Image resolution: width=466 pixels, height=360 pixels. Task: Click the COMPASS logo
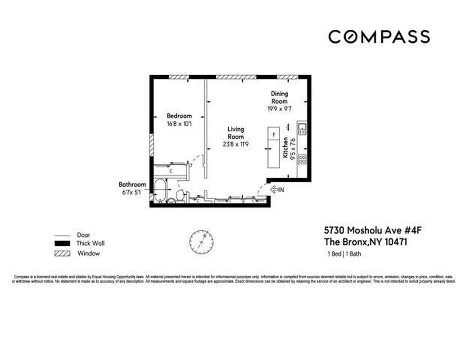pos(379,36)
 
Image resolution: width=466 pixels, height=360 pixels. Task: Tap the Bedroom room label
pos(179,116)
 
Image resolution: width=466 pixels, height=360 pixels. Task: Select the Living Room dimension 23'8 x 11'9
pos(235,144)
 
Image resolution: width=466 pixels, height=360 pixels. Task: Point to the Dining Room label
pos(279,97)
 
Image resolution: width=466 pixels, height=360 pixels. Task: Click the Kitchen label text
pos(285,147)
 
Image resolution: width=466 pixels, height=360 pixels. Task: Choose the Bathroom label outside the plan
pos(132,184)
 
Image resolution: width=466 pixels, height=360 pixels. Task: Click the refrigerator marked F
pos(273,135)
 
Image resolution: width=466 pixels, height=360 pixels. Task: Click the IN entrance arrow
pos(276,190)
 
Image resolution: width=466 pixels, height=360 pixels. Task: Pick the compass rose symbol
pos(202,241)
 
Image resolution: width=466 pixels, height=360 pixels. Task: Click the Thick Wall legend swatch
pos(62,244)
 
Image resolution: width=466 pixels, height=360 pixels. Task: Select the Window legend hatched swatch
pos(62,253)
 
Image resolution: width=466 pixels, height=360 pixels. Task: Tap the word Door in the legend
pos(84,235)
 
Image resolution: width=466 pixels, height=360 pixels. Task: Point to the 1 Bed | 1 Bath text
pos(344,254)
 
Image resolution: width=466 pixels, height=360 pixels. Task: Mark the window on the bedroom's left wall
pos(152,144)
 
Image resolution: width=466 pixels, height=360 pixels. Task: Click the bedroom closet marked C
pos(171,171)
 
